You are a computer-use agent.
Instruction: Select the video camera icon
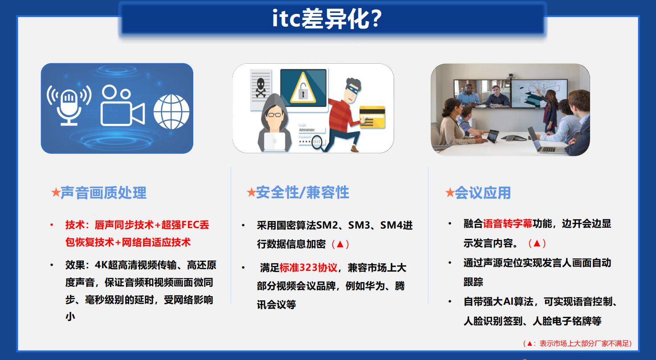tap(122, 106)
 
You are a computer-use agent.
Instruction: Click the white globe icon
tap(171, 111)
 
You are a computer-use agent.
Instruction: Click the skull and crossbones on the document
tap(261, 87)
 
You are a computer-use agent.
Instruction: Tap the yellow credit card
tap(372, 117)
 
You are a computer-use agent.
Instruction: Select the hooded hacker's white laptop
tap(274, 141)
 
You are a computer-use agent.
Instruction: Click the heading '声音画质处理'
tap(103, 193)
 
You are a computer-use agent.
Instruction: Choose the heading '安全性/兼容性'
tap(302, 192)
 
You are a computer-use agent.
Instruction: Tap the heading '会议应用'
tap(483, 193)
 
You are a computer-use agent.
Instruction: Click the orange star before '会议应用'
tap(449, 193)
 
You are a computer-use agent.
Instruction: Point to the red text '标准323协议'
tap(308, 268)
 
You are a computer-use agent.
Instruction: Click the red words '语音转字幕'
tap(508, 224)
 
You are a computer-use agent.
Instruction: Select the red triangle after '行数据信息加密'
tap(340, 244)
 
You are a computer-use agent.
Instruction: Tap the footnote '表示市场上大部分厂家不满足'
tap(584, 344)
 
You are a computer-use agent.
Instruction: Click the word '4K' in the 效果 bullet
tap(102, 265)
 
